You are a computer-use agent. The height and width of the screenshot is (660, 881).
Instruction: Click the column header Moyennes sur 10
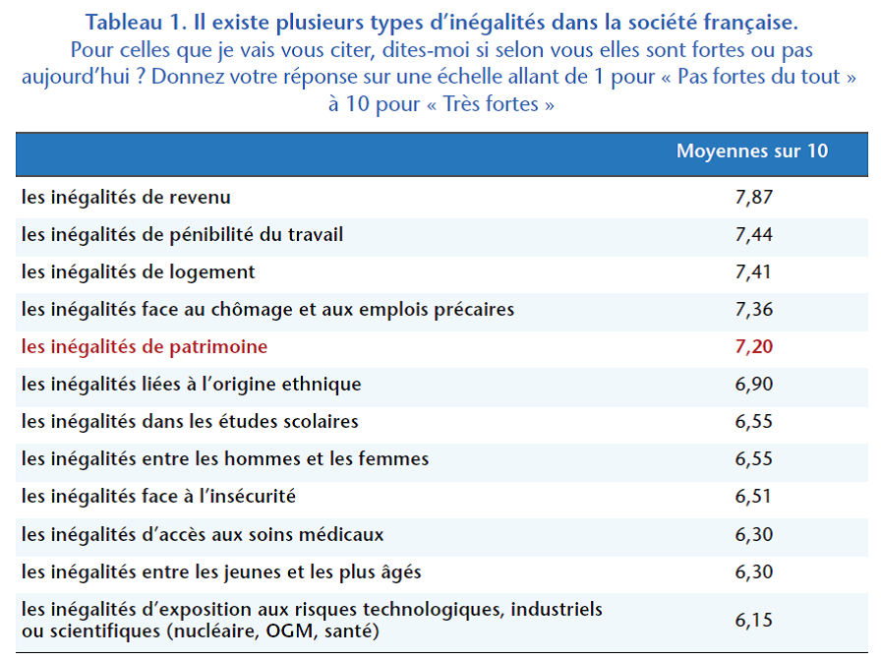752,151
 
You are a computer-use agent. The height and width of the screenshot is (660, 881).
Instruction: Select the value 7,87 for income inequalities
754,198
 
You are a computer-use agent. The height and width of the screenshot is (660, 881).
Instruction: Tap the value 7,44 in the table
754,235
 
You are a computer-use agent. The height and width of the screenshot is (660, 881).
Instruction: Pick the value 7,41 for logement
754,272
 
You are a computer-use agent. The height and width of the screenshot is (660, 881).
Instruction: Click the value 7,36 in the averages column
754,310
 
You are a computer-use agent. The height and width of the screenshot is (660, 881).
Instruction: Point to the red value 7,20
754,347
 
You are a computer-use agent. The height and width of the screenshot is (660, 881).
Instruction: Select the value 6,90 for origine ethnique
754,385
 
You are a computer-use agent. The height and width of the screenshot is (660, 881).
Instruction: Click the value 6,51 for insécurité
754,497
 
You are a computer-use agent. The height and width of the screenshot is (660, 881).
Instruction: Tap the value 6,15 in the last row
754,621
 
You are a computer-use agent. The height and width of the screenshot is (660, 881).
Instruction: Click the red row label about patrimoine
145,347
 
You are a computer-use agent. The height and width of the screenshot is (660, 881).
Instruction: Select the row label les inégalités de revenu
126,198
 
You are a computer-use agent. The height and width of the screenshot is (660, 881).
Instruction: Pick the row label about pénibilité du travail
182,235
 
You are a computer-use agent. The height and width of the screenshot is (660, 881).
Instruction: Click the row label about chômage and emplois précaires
267,310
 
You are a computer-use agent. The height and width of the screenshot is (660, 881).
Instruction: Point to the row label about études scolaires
190,422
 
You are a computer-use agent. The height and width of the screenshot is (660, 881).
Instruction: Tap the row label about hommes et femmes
225,459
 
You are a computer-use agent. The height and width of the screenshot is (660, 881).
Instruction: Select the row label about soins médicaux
203,535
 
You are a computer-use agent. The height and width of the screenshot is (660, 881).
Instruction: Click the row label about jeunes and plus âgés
221,572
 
